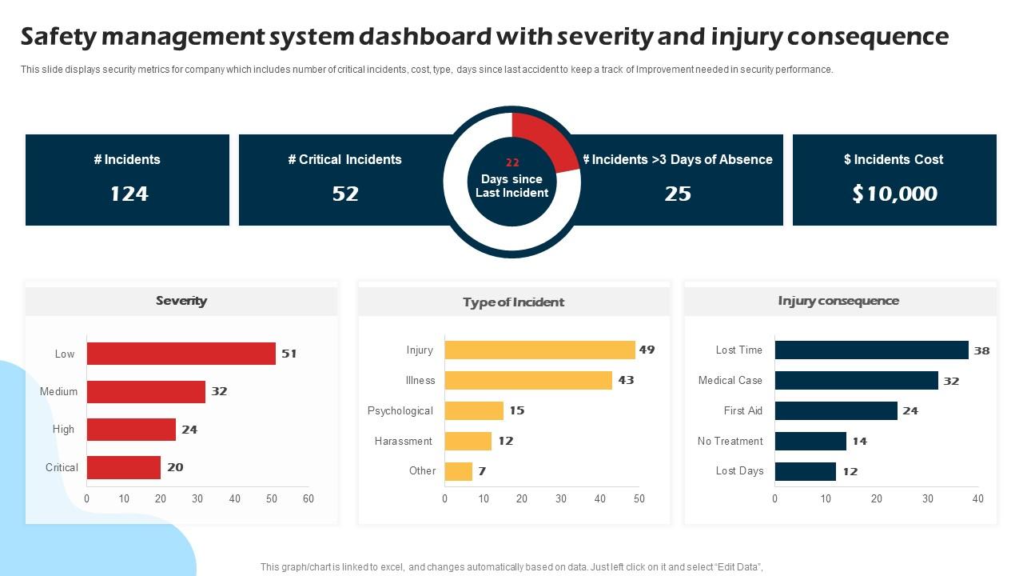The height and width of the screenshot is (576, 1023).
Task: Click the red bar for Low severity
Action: (181, 354)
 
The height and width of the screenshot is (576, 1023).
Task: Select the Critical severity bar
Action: (124, 467)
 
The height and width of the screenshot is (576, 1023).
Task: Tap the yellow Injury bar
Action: (539, 350)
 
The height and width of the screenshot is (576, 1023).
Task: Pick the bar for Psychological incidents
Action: (474, 410)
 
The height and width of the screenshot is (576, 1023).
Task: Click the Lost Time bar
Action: (871, 350)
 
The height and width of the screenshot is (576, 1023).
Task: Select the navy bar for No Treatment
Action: (810, 441)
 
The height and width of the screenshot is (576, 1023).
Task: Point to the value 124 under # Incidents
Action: (129, 194)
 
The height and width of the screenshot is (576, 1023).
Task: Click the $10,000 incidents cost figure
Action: (894, 194)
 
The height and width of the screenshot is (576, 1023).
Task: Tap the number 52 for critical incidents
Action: (345, 194)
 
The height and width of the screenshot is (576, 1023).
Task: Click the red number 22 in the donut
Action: (512, 162)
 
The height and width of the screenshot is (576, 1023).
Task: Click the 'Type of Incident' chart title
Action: (513, 302)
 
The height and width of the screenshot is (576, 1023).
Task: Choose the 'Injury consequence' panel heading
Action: (838, 301)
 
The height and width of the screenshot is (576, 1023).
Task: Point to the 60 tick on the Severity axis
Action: (308, 498)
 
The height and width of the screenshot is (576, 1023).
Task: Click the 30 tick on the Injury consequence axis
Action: (927, 498)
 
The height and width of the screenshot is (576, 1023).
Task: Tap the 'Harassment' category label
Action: (403, 441)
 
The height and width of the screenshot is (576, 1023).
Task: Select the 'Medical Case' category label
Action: (730, 380)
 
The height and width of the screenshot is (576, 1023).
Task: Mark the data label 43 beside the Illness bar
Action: (626, 380)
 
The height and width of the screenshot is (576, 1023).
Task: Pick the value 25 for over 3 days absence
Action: (678, 194)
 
